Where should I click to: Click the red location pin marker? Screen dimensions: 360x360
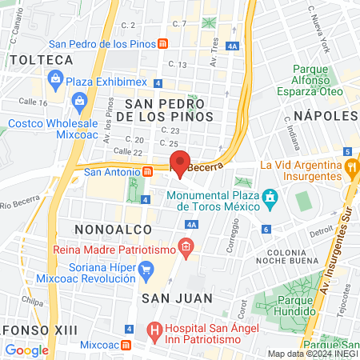tap(180, 162)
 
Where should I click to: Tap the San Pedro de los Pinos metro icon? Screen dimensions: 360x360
tap(162, 44)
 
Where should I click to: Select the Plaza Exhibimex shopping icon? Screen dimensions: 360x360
tap(55, 78)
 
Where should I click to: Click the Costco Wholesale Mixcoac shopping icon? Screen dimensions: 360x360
tap(79, 101)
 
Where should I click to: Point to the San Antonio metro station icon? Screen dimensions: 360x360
tap(147, 170)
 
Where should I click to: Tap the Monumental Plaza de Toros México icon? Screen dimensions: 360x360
tap(271, 196)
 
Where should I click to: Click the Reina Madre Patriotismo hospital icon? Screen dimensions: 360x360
tap(186, 246)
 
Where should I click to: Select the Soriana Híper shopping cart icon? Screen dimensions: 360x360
tap(146, 271)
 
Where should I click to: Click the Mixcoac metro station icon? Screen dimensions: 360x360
tap(126, 345)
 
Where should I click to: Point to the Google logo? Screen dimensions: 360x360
tap(26, 350)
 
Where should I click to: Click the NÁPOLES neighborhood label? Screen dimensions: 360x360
tap(325, 116)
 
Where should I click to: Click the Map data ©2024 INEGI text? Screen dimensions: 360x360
tap(312, 354)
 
